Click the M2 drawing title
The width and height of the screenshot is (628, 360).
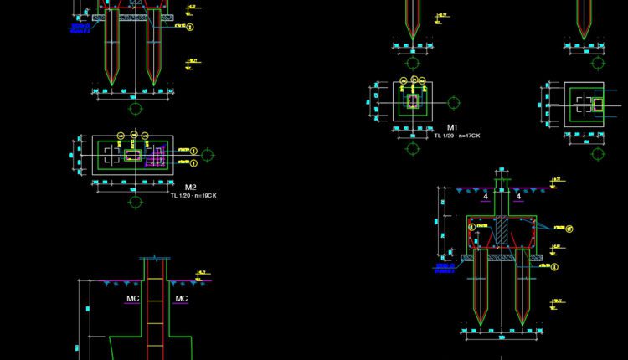click(190, 187)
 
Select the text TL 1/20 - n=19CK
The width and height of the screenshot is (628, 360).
click(193, 196)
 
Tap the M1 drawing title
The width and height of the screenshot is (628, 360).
click(453, 127)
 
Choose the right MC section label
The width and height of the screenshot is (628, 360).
click(181, 298)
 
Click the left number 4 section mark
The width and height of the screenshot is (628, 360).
click(486, 196)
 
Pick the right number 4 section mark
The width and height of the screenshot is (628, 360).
click(519, 196)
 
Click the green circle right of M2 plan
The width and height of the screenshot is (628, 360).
click(208, 155)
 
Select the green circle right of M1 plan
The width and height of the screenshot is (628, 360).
click(453, 103)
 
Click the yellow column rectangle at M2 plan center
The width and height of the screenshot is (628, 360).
click(133, 155)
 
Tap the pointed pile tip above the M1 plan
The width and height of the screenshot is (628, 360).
click(412, 31)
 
